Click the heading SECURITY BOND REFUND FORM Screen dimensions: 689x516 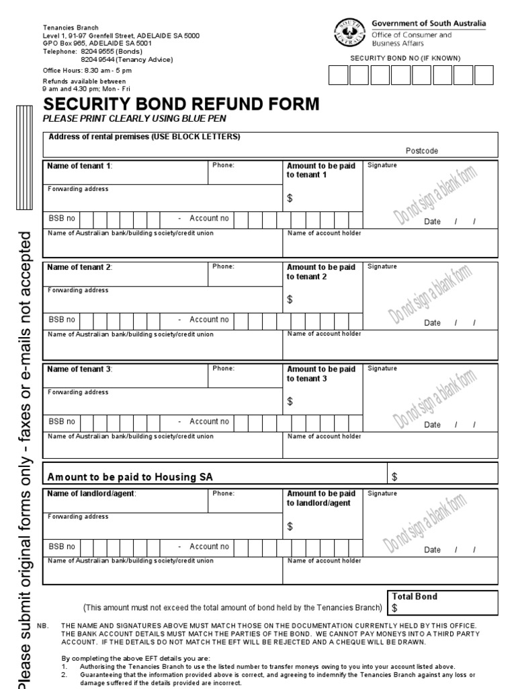click(181, 104)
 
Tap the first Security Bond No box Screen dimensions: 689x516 click(339, 75)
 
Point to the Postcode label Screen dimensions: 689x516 click(421, 151)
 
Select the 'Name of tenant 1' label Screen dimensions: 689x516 click(79, 166)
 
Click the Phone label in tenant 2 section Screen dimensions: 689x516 click(223, 266)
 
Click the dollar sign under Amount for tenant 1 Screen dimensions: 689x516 click(290, 198)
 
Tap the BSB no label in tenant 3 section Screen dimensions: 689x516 click(62, 422)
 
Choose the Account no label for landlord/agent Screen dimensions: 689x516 click(209, 546)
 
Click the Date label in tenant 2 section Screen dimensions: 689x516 click(432, 323)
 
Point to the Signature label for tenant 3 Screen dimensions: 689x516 click(382, 369)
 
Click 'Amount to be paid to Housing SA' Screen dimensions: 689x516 click(130, 477)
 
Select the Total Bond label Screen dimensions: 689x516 click(415, 596)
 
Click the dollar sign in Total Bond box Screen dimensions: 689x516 click(395, 608)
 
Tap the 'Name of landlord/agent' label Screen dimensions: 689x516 click(91, 493)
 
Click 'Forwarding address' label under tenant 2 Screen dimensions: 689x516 click(77, 291)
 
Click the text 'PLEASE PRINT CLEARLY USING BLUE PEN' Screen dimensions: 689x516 click(134, 119)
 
